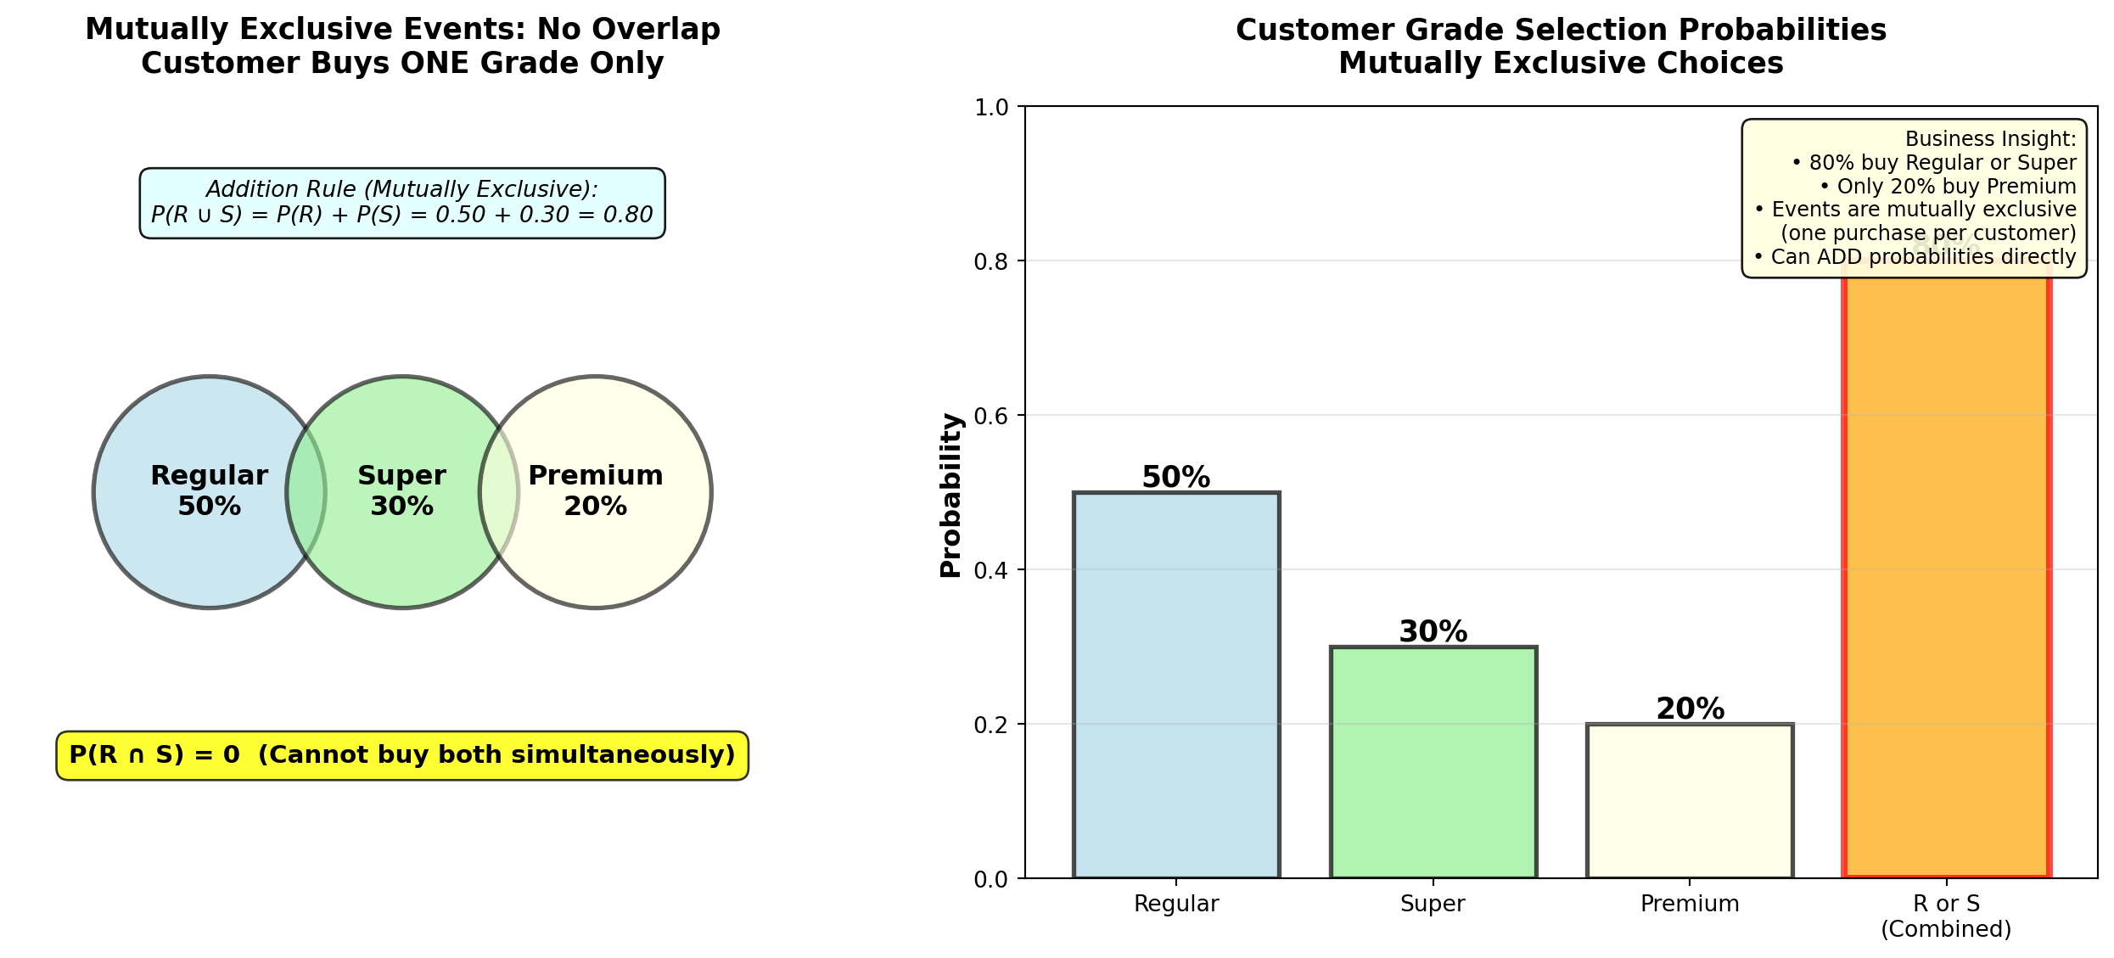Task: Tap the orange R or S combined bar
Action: tap(1946, 577)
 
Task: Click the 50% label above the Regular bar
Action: tap(1176, 478)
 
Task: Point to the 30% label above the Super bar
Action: tap(1433, 632)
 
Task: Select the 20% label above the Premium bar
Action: tap(1690, 709)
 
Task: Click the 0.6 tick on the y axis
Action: tap(991, 416)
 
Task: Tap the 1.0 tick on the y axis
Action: tap(991, 108)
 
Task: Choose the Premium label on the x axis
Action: tap(1690, 904)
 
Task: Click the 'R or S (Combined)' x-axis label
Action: tap(1946, 916)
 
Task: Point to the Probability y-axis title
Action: tap(951, 496)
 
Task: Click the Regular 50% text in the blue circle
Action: tap(210, 490)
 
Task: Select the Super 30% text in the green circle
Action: tap(402, 490)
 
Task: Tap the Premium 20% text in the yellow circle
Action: tap(596, 490)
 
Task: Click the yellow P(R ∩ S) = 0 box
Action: tap(402, 755)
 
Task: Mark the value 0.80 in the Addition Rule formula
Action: tap(629, 215)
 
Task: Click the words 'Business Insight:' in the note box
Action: tap(1990, 139)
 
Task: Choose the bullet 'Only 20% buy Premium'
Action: tap(1948, 187)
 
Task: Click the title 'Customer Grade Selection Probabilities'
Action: tap(1561, 31)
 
